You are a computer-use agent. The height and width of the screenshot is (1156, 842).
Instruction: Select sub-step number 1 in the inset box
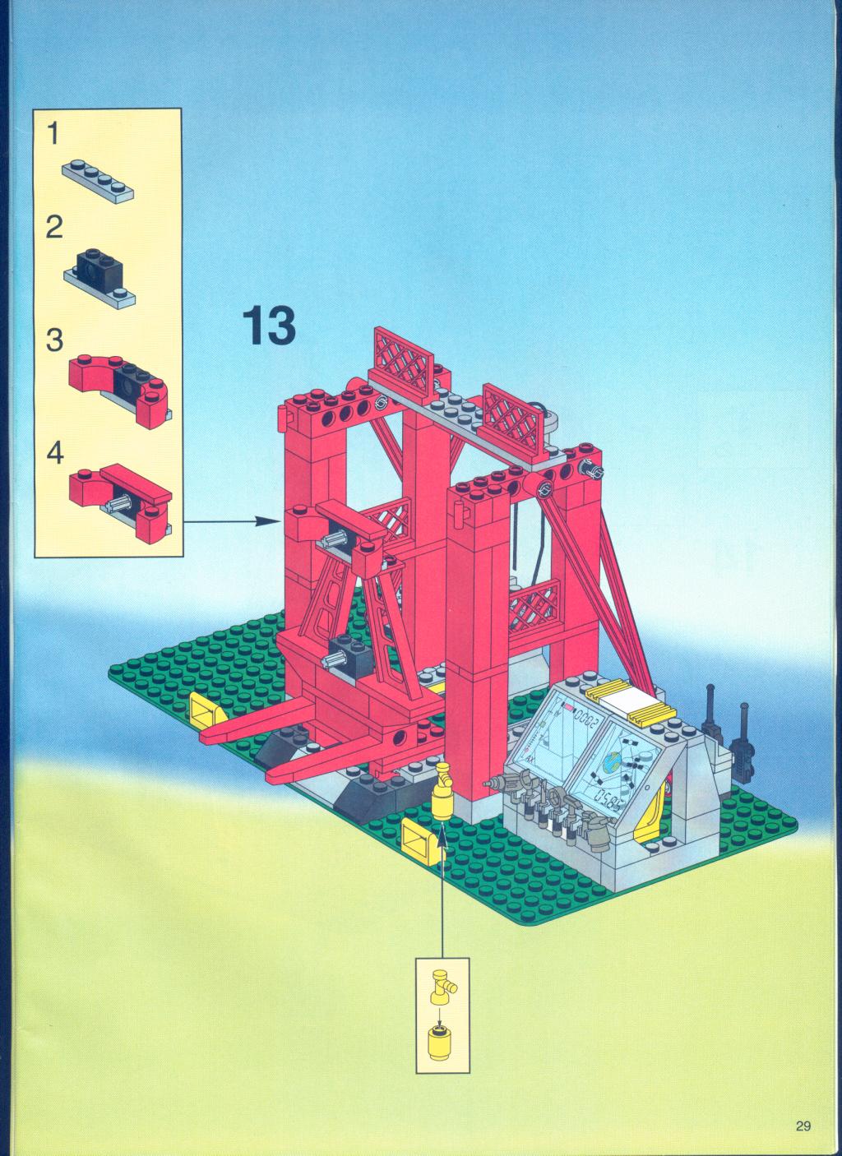coord(53,134)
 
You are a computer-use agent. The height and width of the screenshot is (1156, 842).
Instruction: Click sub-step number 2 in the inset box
coord(54,228)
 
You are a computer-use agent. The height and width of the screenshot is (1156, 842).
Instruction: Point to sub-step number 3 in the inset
coord(54,340)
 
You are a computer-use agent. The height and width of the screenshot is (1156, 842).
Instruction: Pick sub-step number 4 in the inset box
coord(55,454)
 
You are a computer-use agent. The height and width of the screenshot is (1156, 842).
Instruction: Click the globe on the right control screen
coord(613,761)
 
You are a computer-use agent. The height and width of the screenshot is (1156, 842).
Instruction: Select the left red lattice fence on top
coord(403,364)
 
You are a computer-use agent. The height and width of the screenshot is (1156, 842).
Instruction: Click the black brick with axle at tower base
coord(345,655)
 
